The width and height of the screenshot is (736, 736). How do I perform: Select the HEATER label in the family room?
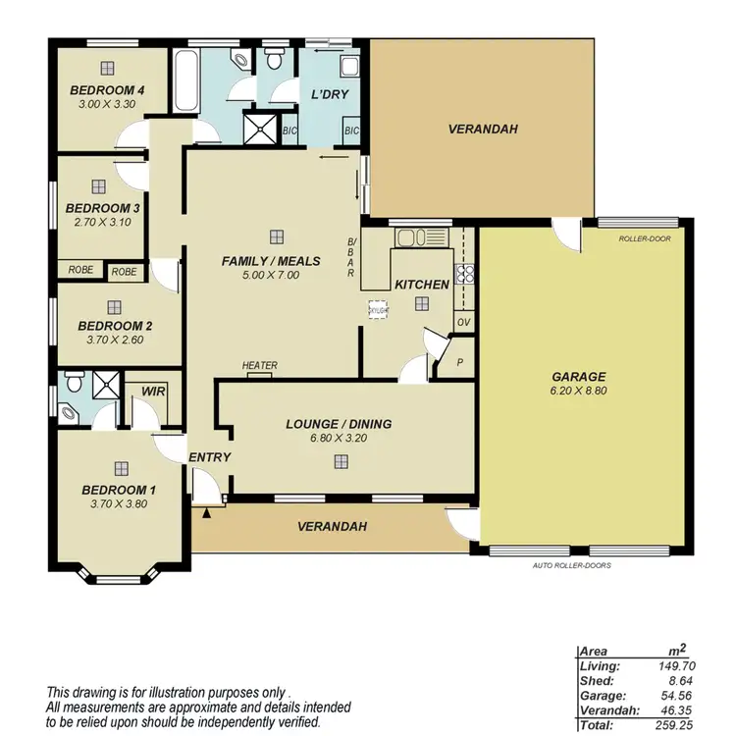(x=260, y=366)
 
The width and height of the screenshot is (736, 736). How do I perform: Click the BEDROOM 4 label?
(x=108, y=90)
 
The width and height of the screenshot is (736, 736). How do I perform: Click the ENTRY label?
(x=209, y=457)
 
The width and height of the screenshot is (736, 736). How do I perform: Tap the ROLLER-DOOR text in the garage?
(x=645, y=237)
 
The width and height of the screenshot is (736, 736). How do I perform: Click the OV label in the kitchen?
(x=462, y=321)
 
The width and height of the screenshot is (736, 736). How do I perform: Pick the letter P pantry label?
(x=460, y=362)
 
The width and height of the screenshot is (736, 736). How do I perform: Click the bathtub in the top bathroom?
(x=186, y=85)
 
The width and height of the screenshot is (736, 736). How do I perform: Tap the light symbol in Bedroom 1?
(x=120, y=468)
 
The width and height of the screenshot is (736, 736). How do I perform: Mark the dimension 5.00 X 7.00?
(x=270, y=276)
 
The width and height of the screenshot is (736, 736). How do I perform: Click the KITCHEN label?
(x=422, y=285)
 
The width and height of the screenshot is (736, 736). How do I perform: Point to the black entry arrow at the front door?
(x=207, y=512)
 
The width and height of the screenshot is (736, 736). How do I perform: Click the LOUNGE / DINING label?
(x=339, y=424)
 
